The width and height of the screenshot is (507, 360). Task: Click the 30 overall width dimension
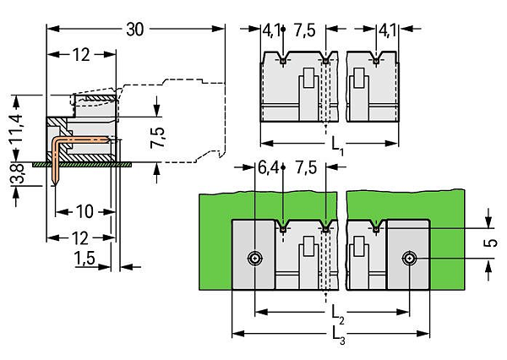point(135,30)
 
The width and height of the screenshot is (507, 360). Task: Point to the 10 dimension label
point(84,212)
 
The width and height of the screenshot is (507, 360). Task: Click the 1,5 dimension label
point(84,258)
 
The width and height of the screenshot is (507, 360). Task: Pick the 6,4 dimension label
point(268,168)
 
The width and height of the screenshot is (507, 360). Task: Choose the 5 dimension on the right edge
point(491,243)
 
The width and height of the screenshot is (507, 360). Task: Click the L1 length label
point(337,145)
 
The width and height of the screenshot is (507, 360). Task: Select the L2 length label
point(338,314)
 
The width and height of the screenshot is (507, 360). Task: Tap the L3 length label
point(339,335)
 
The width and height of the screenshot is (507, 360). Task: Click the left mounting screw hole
point(255,259)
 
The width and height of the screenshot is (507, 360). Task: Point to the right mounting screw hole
point(409,259)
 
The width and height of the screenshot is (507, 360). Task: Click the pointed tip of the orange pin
point(56,186)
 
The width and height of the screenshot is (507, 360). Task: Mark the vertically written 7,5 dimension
point(158,138)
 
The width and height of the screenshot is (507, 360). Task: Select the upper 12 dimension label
point(81,55)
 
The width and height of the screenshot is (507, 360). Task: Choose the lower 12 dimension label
point(80,238)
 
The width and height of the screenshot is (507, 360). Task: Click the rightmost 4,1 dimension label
point(387,30)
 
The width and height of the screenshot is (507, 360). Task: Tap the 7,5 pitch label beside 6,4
point(306,168)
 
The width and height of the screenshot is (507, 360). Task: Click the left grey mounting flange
point(253,254)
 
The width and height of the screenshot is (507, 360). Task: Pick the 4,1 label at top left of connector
point(271,30)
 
